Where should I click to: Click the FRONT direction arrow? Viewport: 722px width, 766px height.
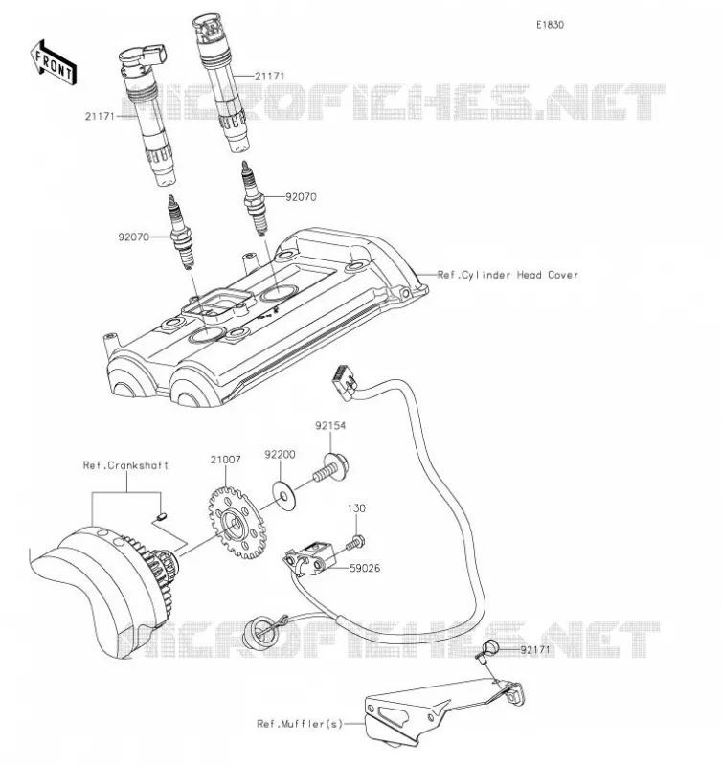click(x=54, y=63)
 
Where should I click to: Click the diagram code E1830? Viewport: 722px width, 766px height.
click(x=550, y=25)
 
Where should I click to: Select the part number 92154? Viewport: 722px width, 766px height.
click(x=330, y=425)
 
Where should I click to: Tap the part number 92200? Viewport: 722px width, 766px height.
click(x=280, y=454)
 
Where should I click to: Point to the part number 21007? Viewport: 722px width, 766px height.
click(x=225, y=460)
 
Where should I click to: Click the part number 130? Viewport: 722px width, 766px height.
click(x=356, y=508)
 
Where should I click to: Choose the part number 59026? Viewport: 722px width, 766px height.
click(x=365, y=568)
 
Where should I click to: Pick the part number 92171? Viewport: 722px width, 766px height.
click(x=535, y=650)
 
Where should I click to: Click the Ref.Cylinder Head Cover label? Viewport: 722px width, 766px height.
click(x=508, y=275)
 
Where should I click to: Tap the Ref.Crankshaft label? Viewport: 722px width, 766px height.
click(x=125, y=465)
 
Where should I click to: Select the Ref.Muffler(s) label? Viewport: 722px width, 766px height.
click(x=300, y=724)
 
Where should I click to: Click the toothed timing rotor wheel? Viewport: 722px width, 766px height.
click(x=237, y=523)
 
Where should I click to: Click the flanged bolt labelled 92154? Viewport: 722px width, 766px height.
click(x=331, y=468)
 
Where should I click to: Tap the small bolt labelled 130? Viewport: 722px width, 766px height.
click(x=356, y=542)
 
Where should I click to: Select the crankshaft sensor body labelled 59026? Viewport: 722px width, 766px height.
click(x=309, y=559)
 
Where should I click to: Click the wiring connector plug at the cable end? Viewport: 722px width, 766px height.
click(x=345, y=382)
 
